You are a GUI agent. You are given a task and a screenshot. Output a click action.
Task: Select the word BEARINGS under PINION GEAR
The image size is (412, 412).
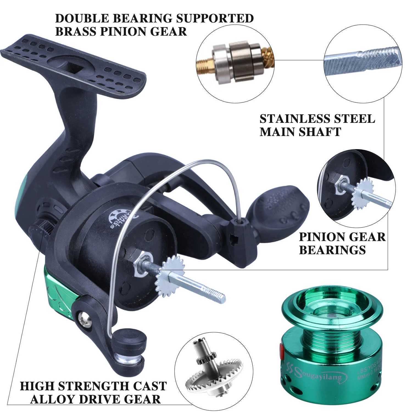pos(332,250)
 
